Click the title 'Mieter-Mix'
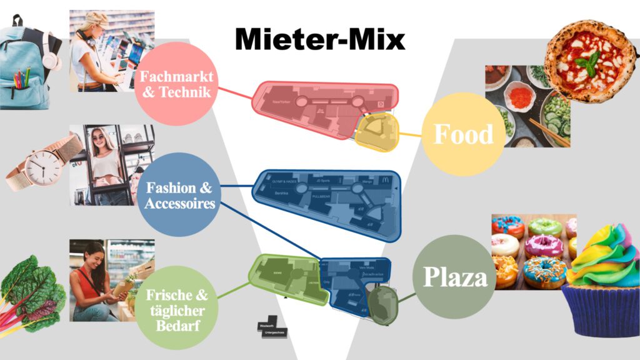[x=320, y=39]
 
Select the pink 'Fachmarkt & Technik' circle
[x=177, y=84]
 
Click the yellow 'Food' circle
[x=463, y=134]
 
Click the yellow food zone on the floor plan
[x=377, y=132]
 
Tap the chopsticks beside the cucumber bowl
[x=549, y=132]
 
